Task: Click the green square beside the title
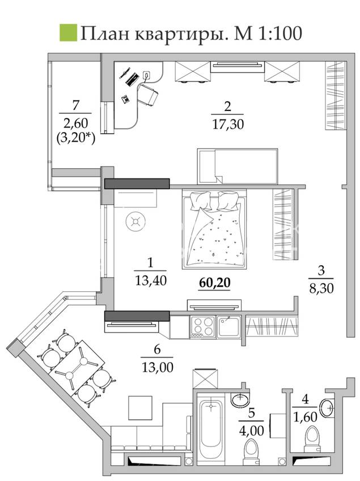(x=68, y=32)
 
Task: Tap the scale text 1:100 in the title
(x=280, y=33)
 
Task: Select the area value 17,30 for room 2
(x=228, y=124)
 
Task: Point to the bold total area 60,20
(x=214, y=283)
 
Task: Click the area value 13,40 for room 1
(x=150, y=280)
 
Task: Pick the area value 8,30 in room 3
(x=321, y=288)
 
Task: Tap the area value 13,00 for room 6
(x=157, y=367)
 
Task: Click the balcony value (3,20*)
(x=76, y=138)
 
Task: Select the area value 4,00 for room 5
(x=251, y=431)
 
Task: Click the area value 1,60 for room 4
(x=305, y=417)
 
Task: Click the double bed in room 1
(x=214, y=229)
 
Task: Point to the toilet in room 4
(x=312, y=439)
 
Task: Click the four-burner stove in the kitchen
(x=202, y=327)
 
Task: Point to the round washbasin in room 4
(x=327, y=408)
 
